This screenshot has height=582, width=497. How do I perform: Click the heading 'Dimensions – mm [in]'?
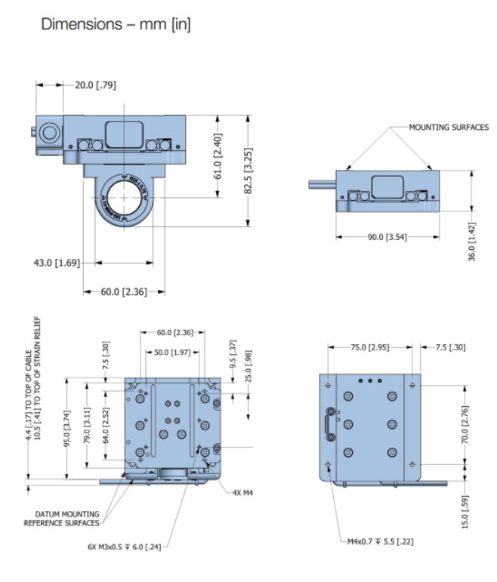tap(116, 24)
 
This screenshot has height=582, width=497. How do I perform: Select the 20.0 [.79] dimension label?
tap(94, 85)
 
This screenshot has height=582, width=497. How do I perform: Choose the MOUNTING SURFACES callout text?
tap(449, 128)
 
